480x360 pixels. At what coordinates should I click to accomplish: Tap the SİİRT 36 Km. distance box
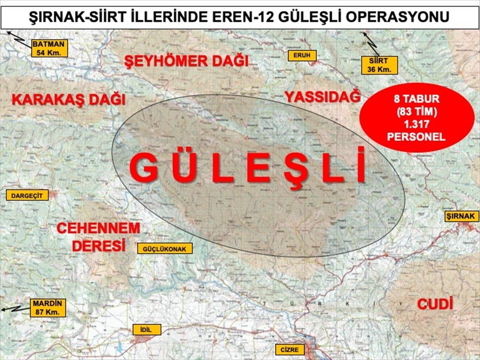[380, 65]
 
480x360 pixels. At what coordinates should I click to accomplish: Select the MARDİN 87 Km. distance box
[48, 308]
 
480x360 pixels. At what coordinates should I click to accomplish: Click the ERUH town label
[302, 56]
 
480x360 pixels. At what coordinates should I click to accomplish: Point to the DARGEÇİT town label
[27, 195]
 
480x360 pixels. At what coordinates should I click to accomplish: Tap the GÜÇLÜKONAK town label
[165, 248]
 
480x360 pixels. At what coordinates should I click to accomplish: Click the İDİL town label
[147, 330]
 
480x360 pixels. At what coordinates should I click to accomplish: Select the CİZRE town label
[290, 350]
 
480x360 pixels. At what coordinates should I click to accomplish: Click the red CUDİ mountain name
[435, 304]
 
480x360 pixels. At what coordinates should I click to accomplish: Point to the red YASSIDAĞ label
[322, 96]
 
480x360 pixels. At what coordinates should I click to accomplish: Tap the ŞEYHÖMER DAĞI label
[186, 61]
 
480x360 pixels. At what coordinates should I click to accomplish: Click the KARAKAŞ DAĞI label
[68, 99]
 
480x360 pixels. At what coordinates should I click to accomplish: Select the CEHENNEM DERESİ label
[98, 236]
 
